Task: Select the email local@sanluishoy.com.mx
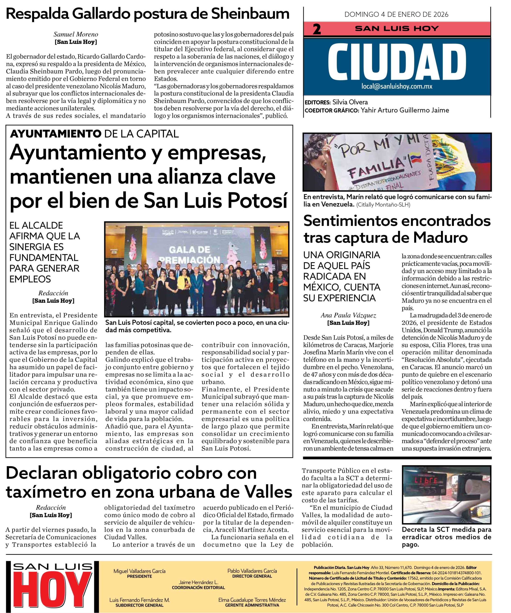[x=397, y=86]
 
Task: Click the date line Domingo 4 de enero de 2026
[x=396, y=14]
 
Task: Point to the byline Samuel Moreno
[x=76, y=34]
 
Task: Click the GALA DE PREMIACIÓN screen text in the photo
[x=190, y=254]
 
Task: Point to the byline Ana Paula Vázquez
[x=348, y=315]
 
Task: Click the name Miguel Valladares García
[x=140, y=571]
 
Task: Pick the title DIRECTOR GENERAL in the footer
[x=252, y=576]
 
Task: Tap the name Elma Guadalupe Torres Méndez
[x=252, y=600]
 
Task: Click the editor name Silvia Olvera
[x=350, y=102]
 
